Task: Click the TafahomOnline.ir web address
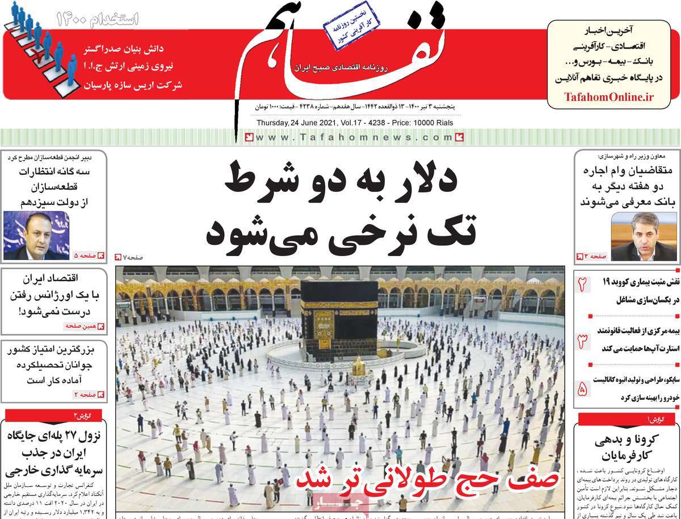(x=609, y=97)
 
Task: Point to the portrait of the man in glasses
(x=644, y=237)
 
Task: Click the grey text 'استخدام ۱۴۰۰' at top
(x=98, y=19)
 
